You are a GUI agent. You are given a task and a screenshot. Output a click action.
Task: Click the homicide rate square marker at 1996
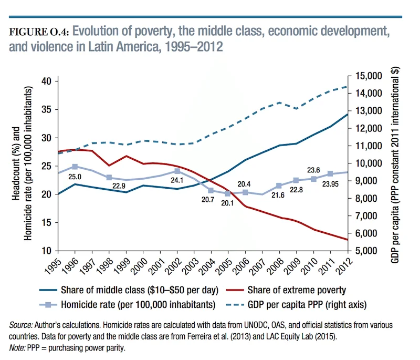(x=75, y=167)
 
